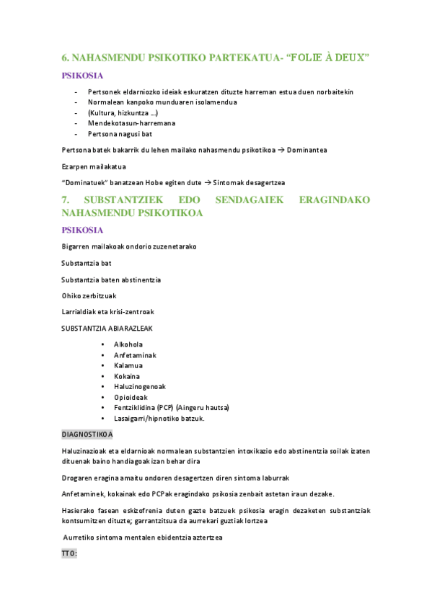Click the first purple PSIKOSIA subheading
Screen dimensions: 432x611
point(83,76)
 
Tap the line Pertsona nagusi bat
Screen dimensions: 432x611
point(120,134)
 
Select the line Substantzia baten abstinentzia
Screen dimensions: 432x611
point(111,279)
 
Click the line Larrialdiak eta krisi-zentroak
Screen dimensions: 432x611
point(107,311)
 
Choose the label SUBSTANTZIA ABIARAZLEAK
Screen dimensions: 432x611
point(107,328)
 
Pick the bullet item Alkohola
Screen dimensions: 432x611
point(128,344)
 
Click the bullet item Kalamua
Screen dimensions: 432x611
point(128,365)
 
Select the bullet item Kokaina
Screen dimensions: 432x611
point(127,376)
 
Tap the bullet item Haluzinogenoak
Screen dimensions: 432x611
point(140,386)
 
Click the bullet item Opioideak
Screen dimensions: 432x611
point(131,397)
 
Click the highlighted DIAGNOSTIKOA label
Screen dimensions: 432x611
point(87,434)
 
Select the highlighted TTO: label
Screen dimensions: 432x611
point(69,553)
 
